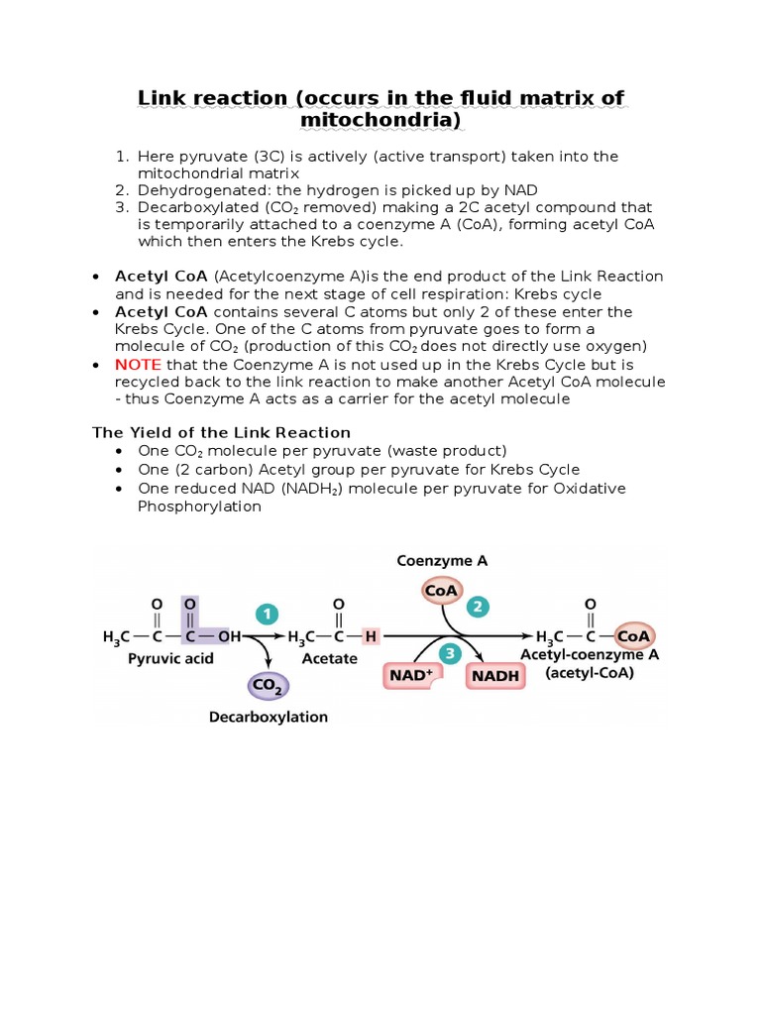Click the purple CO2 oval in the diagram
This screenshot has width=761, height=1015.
point(265,685)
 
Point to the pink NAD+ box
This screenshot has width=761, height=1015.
point(409,676)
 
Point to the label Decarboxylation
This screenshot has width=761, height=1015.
point(268,717)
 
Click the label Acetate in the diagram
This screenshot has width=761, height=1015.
point(330,658)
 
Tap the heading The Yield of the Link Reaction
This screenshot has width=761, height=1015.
point(222,432)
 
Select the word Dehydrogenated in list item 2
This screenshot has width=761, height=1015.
point(192,189)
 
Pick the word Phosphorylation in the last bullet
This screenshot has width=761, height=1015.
point(199,507)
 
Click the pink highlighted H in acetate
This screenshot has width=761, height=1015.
point(371,636)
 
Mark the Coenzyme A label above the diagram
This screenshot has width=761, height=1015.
point(442,560)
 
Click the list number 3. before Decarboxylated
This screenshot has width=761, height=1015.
point(122,207)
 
